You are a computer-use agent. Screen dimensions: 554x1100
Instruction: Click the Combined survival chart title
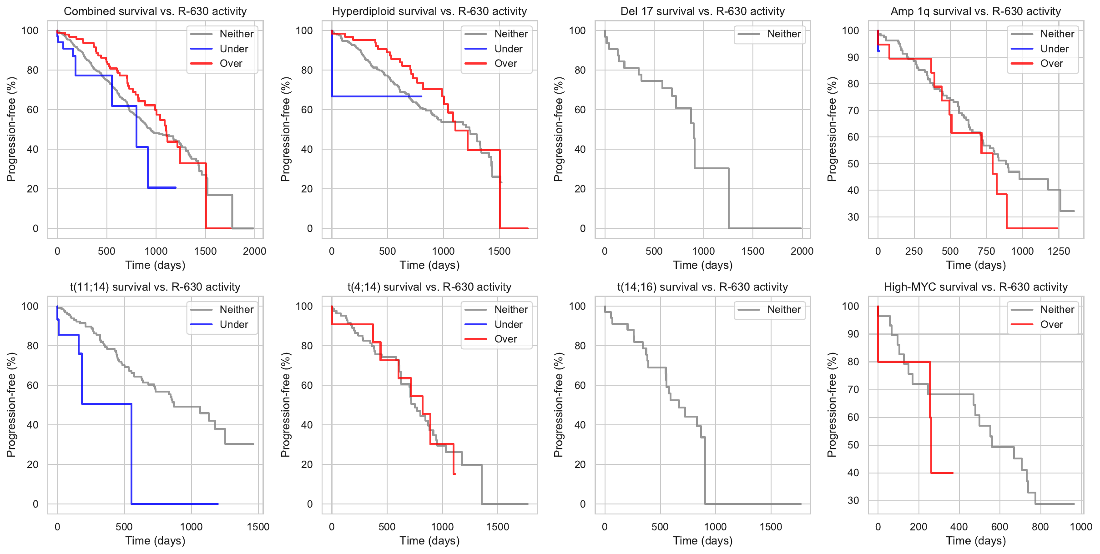coord(155,11)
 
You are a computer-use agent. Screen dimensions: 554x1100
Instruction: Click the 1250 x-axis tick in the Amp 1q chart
coord(1059,252)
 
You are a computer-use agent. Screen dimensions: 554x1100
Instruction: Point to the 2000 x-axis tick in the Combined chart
coord(254,252)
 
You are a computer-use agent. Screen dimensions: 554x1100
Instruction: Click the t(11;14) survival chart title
coord(155,287)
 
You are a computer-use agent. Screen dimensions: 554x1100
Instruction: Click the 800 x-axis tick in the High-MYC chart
coord(1040,527)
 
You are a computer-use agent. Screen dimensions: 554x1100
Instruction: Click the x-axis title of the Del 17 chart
coord(702,265)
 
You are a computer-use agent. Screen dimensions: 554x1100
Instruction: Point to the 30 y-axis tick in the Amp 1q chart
coord(853,217)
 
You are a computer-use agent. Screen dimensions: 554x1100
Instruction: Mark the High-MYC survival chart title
coord(975,287)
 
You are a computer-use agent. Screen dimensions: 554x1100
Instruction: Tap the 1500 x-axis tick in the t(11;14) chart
coord(258,527)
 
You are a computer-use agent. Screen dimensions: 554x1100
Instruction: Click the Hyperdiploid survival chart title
coord(429,11)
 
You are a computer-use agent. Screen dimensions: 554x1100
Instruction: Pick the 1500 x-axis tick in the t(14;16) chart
coord(771,527)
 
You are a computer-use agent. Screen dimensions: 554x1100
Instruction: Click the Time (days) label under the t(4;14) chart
coord(429,541)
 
